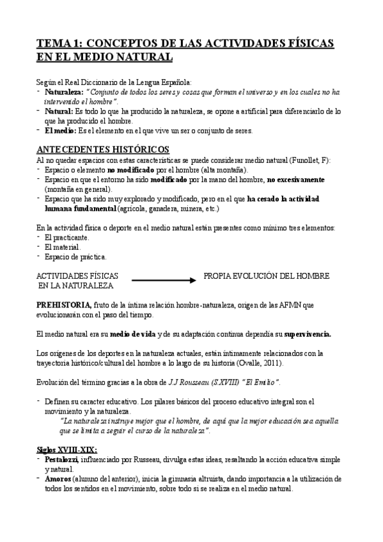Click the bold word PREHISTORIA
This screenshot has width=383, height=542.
64,306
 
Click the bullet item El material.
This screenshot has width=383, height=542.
63,247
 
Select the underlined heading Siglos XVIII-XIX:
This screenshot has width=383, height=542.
66,449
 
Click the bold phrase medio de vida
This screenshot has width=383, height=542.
132,334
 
